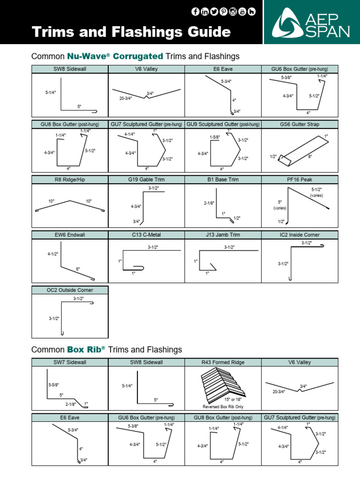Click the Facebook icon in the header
(196, 12)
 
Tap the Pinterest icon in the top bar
(224, 12)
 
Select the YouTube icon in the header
(242, 12)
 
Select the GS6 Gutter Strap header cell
(300, 125)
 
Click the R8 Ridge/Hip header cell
(70, 180)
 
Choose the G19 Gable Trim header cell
(146, 180)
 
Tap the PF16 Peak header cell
(300, 180)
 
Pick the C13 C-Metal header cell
(146, 235)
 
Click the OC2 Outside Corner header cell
(70, 290)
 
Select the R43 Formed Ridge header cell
(223, 362)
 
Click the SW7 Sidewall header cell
(70, 362)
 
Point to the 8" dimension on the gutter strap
(310, 157)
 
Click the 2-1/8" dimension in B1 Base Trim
(209, 203)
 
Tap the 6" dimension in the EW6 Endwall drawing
(78, 269)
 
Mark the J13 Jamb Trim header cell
(223, 235)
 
